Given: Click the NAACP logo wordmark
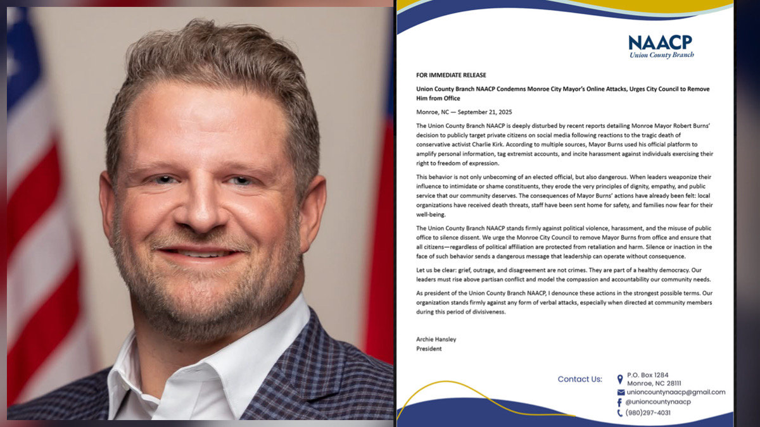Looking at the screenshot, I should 661,42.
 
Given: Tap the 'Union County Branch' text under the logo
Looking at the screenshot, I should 661,55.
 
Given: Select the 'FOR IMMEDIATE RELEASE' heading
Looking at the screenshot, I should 451,75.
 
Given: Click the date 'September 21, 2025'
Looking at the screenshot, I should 485,112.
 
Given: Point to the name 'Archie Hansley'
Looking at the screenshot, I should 436,339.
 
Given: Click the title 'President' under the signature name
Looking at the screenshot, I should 429,349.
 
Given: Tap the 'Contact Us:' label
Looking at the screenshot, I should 579,379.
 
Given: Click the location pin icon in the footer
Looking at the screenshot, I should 620,379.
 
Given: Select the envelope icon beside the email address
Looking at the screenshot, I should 620,392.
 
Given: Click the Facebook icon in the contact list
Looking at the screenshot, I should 620,402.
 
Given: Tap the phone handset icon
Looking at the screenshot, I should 620,413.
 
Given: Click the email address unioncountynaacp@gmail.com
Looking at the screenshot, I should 676,392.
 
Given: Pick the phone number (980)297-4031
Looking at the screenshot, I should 649,413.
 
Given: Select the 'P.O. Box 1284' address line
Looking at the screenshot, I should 647,375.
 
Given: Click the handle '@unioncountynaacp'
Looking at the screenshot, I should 659,402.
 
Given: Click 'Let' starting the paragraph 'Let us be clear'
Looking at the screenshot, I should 421,269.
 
